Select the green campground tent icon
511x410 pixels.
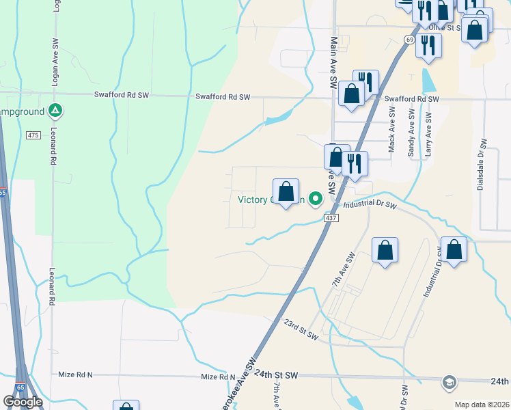(56, 110)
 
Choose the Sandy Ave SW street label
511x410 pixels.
(411, 133)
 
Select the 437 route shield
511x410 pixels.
(331, 218)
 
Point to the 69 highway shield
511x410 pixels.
(409, 40)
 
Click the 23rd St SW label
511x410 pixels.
(301, 329)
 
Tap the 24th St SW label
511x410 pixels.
(277, 375)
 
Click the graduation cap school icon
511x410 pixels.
(450, 381)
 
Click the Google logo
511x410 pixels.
(23, 402)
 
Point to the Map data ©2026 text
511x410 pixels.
(482, 405)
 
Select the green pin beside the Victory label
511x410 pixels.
(315, 199)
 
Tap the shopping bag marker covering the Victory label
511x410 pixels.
(286, 191)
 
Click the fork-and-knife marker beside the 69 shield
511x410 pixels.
(428, 45)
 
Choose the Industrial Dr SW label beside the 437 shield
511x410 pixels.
(370, 204)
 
